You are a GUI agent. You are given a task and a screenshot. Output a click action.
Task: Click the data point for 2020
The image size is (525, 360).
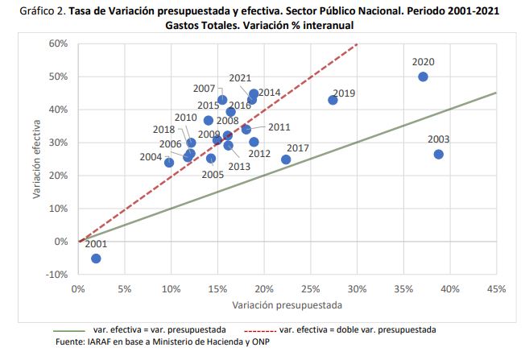click(x=423, y=77)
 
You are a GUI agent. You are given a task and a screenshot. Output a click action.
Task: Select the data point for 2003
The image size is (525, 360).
click(x=438, y=154)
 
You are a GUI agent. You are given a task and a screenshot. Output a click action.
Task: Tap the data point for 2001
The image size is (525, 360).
click(x=96, y=259)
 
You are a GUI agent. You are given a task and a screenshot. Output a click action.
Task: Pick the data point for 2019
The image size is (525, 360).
click(x=333, y=100)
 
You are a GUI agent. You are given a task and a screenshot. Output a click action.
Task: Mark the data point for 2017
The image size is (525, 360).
click(x=286, y=159)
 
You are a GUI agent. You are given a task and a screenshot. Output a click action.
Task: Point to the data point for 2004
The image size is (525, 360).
click(x=169, y=162)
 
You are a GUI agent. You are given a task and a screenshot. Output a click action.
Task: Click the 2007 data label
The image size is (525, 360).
click(x=204, y=89)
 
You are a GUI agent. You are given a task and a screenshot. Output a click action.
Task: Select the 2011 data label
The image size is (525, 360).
click(x=279, y=127)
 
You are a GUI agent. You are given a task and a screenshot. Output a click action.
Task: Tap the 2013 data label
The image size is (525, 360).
click(x=239, y=167)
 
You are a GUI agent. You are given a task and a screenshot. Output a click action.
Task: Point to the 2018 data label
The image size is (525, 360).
click(x=163, y=130)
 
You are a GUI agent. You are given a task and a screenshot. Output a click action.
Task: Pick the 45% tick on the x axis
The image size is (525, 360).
click(x=495, y=288)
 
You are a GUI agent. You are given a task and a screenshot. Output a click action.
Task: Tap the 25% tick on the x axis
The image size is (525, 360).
click(x=310, y=288)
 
